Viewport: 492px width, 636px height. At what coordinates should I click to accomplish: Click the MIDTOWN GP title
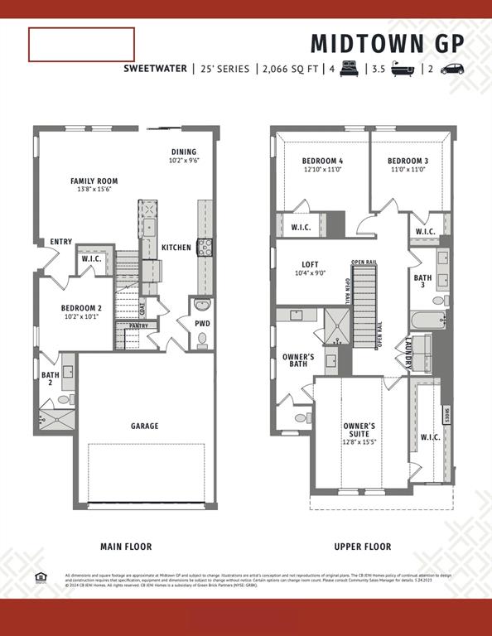click(387, 42)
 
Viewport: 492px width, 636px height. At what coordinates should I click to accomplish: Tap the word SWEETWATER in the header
click(155, 69)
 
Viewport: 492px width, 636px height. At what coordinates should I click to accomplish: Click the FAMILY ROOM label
click(94, 181)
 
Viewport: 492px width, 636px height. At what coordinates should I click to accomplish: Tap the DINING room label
click(184, 152)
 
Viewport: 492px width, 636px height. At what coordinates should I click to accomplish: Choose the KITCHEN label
click(176, 248)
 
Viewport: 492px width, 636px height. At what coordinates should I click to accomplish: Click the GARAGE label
click(144, 426)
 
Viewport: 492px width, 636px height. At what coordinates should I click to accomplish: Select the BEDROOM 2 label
click(81, 308)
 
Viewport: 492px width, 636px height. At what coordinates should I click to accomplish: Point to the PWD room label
click(202, 323)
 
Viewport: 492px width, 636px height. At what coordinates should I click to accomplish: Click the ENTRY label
click(61, 242)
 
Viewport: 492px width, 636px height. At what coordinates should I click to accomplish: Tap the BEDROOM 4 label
click(322, 161)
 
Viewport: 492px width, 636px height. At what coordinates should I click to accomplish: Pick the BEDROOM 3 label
click(408, 161)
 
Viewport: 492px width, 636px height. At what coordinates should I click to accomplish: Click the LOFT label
click(311, 264)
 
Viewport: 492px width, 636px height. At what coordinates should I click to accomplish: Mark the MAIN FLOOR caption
click(126, 547)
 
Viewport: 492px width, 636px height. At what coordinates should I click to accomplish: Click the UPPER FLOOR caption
click(362, 547)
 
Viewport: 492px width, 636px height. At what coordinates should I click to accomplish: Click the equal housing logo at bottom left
click(41, 577)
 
